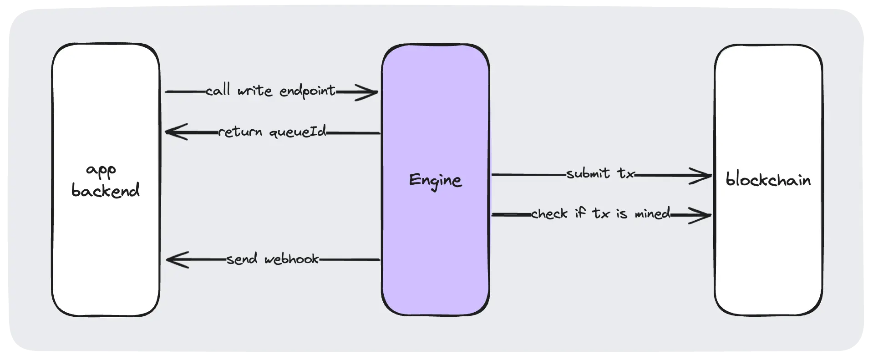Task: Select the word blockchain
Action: [768, 180]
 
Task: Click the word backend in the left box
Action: [106, 190]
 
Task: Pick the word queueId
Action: [298, 132]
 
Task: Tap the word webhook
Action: [291, 259]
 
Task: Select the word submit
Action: [588, 173]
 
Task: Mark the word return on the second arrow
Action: [240, 132]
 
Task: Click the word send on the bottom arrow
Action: [242, 259]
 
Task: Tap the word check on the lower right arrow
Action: [549, 213]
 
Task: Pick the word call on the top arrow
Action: [218, 91]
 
